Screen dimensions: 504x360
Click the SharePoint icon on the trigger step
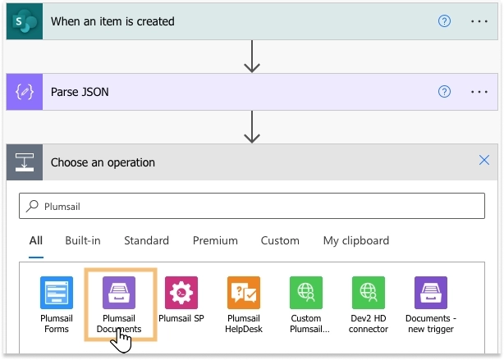(25, 21)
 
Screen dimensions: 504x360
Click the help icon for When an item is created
(444, 21)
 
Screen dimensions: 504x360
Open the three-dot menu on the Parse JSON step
(479, 92)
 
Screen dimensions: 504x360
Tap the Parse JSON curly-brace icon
(25, 92)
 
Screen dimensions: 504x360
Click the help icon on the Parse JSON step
(444, 92)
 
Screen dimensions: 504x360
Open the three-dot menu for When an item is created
(479, 21)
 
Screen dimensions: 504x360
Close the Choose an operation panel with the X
(484, 160)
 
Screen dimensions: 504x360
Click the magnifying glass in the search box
(32, 206)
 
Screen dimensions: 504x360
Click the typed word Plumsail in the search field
(62, 207)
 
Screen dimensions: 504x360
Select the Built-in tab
(83, 240)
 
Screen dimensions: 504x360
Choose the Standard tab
(147, 240)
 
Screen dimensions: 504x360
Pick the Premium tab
(215, 240)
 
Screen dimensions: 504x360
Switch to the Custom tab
(280, 240)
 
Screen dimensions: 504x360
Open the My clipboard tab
(356, 241)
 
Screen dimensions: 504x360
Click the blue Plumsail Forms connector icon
(57, 293)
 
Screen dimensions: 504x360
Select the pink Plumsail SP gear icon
(181, 293)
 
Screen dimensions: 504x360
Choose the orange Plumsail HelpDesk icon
(244, 293)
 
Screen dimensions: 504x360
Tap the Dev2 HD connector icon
(369, 293)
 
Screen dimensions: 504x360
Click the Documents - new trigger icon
(431, 293)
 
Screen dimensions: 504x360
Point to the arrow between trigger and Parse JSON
(252, 57)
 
